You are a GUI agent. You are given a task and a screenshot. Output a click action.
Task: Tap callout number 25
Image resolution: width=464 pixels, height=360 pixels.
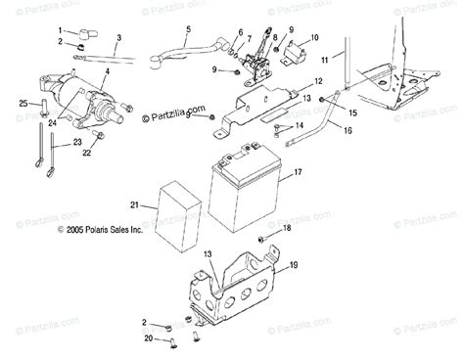click(x=23, y=104)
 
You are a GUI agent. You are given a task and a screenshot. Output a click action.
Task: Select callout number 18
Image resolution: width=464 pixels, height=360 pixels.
click(x=286, y=228)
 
